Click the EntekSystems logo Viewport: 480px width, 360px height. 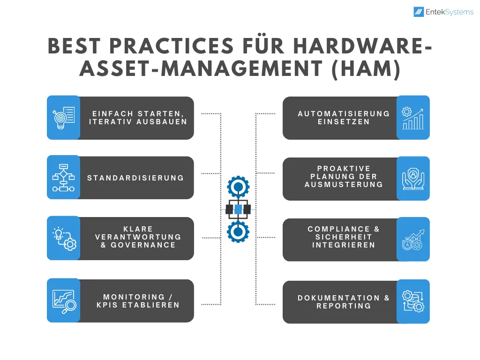443,12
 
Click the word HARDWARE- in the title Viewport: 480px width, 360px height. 363,46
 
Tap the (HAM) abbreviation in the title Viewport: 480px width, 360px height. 366,68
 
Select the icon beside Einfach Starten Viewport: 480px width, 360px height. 64,118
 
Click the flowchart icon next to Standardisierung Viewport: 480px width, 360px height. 63,178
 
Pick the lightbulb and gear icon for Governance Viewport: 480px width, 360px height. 64,239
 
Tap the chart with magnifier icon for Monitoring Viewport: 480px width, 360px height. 64,301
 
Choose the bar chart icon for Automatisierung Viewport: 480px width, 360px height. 413,118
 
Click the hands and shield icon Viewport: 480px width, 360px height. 413,179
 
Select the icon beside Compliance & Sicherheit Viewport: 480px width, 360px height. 413,240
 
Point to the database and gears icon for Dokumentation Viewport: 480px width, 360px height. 413,301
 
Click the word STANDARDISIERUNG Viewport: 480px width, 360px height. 135,178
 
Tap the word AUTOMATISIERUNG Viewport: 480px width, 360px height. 344,113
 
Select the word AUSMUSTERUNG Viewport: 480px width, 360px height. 344,184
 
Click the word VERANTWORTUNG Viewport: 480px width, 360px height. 138,237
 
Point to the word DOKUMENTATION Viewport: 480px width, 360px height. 338,298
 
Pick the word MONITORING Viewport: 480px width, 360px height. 134,297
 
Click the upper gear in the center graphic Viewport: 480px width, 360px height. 238,187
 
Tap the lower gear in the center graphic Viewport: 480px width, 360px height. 238,232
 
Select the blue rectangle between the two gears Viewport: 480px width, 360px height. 238,210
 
